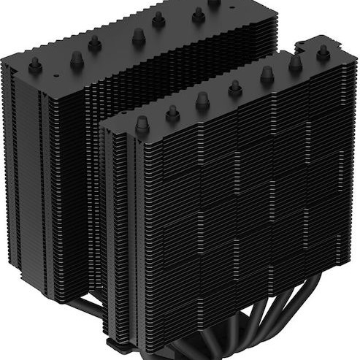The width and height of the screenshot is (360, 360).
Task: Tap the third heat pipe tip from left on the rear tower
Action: pos(94,44)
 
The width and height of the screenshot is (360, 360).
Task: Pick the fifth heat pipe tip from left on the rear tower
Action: pos(158,20)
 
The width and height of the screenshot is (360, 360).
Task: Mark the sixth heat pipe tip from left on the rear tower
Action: pos(198,13)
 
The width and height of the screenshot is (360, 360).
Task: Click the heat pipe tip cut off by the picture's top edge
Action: pos(213,3)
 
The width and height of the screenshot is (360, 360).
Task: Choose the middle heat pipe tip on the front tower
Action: pos(235,88)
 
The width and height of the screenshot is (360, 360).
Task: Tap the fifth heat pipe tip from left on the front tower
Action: pos(267,74)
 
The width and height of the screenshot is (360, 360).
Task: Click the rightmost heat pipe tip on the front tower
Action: pos(322,51)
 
